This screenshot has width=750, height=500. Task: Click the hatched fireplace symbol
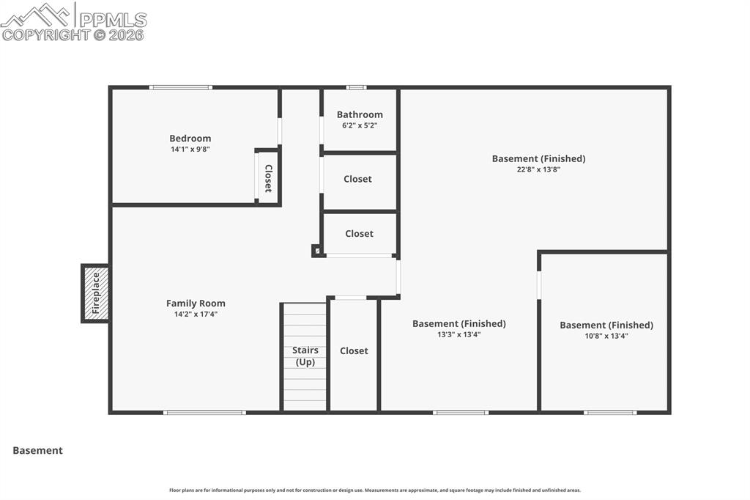(x=96, y=293)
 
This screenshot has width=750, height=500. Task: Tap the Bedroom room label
(x=190, y=139)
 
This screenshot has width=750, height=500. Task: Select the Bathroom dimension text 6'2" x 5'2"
(x=360, y=125)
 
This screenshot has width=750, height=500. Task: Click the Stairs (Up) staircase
(x=305, y=356)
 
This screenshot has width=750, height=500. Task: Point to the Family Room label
(x=196, y=304)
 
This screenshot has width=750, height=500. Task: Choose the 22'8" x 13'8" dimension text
(x=538, y=169)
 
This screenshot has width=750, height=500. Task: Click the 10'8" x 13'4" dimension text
(x=606, y=336)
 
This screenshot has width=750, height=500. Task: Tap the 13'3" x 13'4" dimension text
(x=458, y=334)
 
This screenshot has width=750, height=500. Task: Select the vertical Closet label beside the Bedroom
(x=268, y=178)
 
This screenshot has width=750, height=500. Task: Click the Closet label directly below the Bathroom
(x=357, y=179)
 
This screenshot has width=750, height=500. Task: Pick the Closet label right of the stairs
(x=354, y=351)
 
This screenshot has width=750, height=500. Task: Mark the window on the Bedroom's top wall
(x=180, y=88)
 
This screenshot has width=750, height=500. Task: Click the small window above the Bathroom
(x=356, y=88)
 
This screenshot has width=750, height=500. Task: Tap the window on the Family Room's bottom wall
(x=204, y=413)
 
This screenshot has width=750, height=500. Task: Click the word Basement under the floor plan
(x=38, y=451)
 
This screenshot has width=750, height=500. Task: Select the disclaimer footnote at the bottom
(x=375, y=490)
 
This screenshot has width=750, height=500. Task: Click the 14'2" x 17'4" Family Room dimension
(x=196, y=315)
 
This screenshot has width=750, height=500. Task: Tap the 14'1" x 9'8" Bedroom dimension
(x=190, y=150)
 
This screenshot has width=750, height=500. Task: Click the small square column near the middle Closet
(x=316, y=251)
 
